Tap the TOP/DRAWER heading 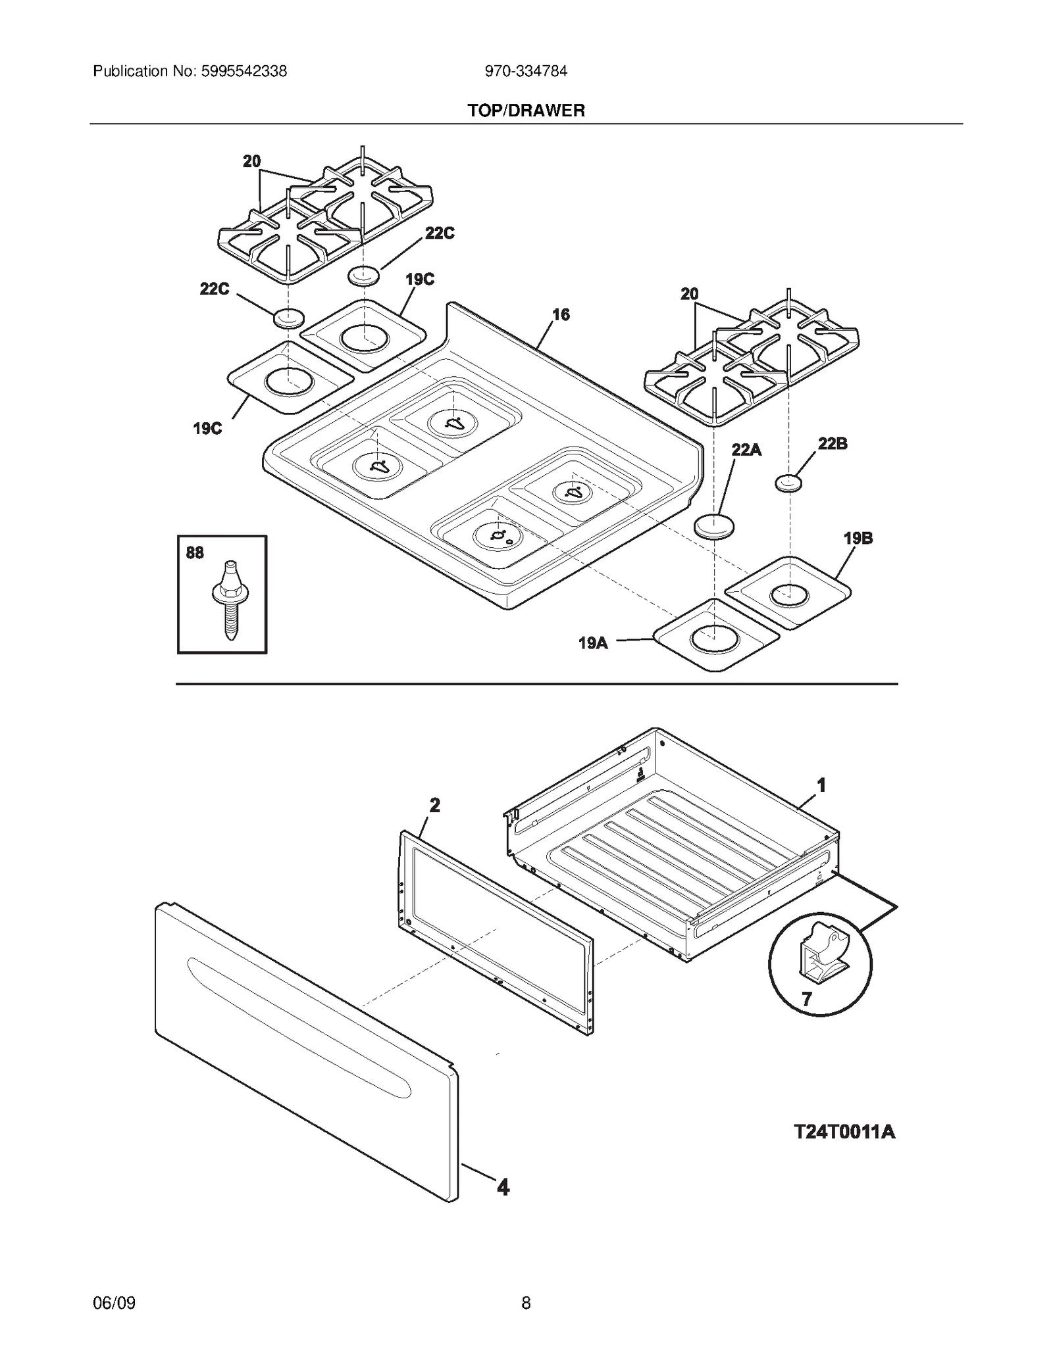[x=526, y=110]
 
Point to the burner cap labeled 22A [x=714, y=526]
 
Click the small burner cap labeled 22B [x=788, y=484]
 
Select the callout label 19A [x=593, y=643]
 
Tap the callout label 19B [x=858, y=538]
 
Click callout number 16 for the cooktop [x=561, y=315]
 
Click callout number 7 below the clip [x=807, y=1000]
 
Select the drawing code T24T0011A [x=844, y=1132]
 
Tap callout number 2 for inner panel [x=434, y=805]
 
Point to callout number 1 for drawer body [x=821, y=785]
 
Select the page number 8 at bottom [x=526, y=1303]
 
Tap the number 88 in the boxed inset [x=195, y=552]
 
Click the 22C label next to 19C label [x=439, y=233]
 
